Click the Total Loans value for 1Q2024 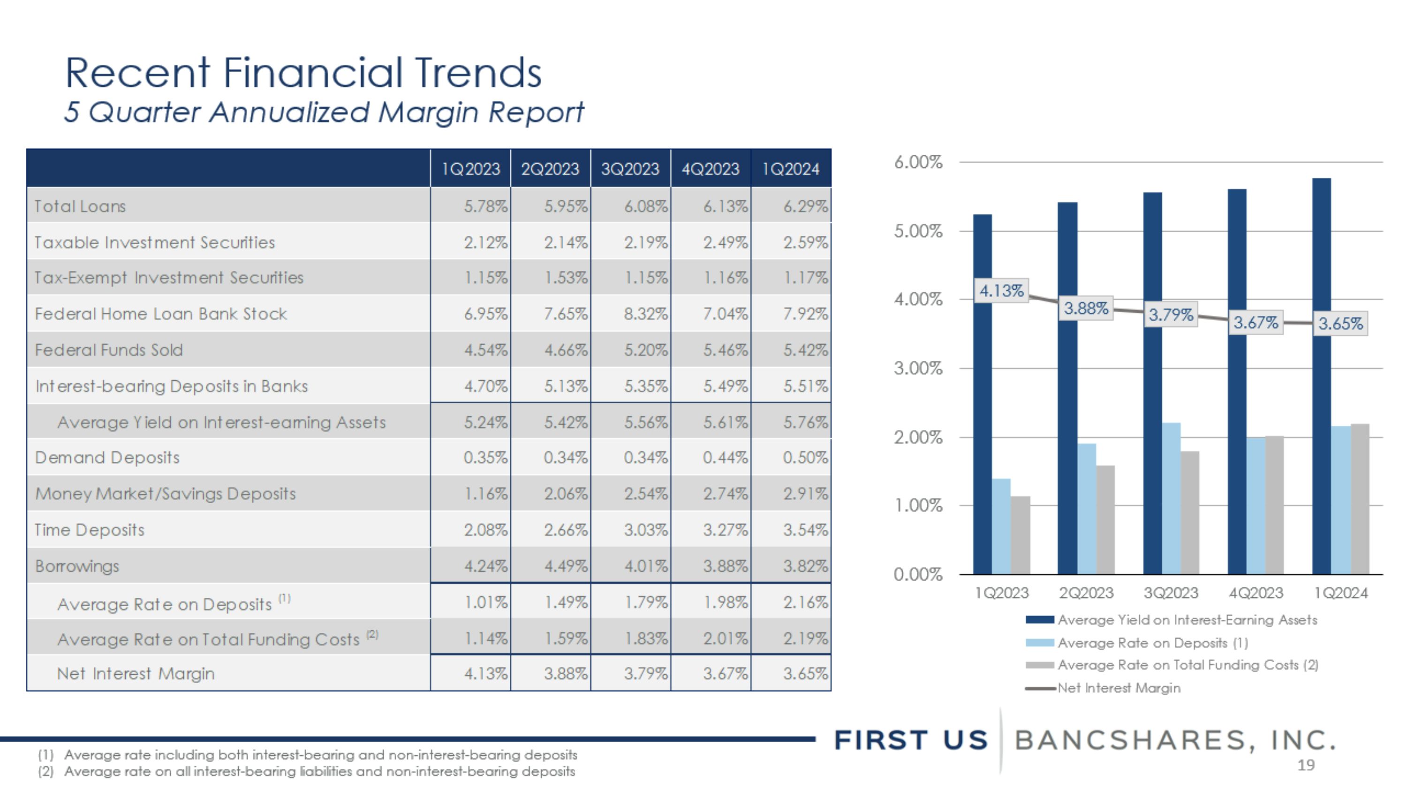[x=805, y=206]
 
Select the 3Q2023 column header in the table [x=630, y=169]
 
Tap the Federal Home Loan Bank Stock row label [x=160, y=314]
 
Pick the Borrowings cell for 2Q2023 [x=565, y=566]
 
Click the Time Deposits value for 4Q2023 [x=725, y=530]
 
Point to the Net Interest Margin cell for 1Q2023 [x=485, y=674]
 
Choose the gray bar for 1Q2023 [x=1020, y=535]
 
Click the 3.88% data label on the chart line [x=1086, y=309]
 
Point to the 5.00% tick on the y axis [x=918, y=232]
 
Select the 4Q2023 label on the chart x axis [x=1255, y=593]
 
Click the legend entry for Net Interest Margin [x=1119, y=688]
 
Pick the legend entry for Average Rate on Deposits [x=1152, y=643]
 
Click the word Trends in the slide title [x=477, y=73]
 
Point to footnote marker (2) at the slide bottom [x=46, y=771]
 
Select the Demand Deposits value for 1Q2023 [x=485, y=458]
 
